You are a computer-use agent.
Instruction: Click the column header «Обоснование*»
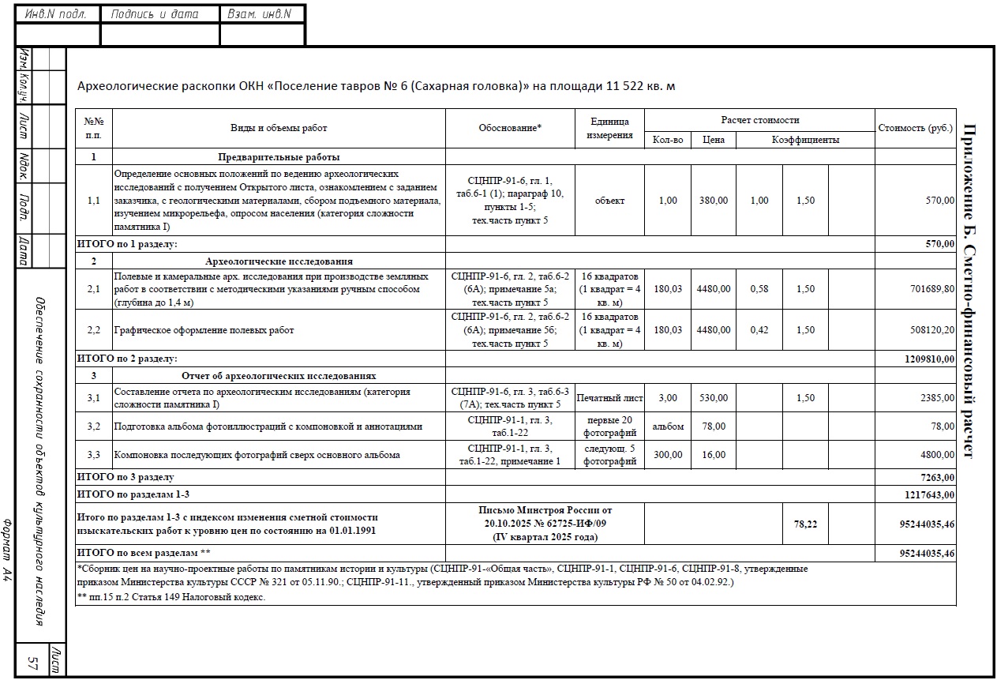click(x=510, y=128)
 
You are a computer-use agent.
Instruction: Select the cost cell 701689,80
click(x=932, y=289)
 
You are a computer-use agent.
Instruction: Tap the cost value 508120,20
click(x=932, y=330)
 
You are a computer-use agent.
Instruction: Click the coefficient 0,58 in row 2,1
click(x=759, y=289)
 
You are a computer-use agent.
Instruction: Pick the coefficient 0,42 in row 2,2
click(x=759, y=330)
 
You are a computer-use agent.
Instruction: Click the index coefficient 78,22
click(x=805, y=524)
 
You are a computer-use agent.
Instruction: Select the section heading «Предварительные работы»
click(x=279, y=157)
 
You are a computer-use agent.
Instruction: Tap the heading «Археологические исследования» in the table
click(x=279, y=261)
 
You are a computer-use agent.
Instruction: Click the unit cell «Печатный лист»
click(x=609, y=398)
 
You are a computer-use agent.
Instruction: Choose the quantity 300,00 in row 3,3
click(x=667, y=455)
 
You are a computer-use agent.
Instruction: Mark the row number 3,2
click(x=94, y=426)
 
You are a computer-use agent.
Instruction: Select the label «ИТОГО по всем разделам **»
click(x=143, y=553)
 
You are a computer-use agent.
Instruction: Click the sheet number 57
click(x=34, y=662)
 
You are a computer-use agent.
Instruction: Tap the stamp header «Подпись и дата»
click(x=155, y=14)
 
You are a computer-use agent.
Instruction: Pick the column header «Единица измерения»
click(x=609, y=128)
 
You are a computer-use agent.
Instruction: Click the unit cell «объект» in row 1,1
click(x=609, y=201)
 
